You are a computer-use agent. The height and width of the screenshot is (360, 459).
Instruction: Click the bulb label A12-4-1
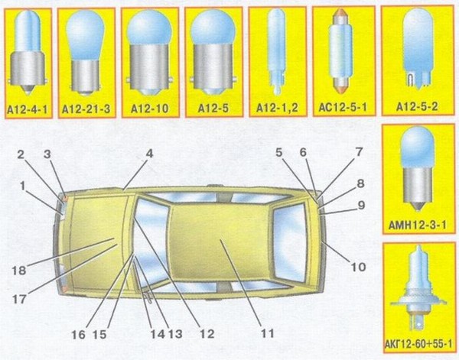click(28, 109)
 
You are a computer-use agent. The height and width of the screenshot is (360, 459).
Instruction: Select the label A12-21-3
click(86, 109)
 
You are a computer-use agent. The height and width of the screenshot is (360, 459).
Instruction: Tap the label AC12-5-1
click(343, 108)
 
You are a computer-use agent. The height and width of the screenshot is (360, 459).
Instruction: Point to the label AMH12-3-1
click(418, 225)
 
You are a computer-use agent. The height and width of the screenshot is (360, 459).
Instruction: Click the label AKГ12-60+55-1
click(418, 344)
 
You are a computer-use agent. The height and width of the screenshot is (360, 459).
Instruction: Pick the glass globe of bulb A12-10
click(150, 28)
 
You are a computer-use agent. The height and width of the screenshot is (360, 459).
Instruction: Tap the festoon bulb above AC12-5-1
click(340, 51)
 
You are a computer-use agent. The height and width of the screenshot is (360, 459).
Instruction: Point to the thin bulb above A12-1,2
click(277, 51)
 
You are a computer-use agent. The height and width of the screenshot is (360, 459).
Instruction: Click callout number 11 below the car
click(267, 333)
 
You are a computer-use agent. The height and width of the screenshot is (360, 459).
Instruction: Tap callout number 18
click(19, 271)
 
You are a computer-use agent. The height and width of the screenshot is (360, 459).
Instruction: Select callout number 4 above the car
click(149, 154)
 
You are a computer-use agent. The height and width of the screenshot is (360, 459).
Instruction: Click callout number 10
click(359, 267)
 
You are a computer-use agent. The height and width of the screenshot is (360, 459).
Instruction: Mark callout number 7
click(359, 152)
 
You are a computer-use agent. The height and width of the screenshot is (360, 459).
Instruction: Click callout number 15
click(99, 334)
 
